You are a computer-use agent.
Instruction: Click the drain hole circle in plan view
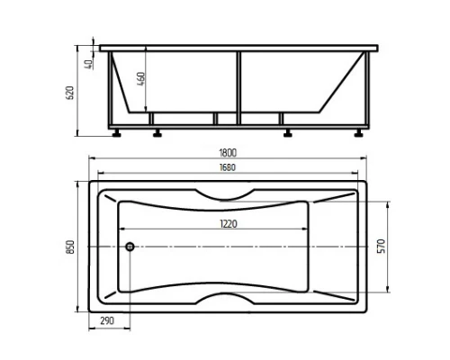(x=130, y=246)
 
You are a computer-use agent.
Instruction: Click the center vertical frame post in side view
(x=239, y=85)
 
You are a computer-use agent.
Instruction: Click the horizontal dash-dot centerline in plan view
(x=270, y=246)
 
